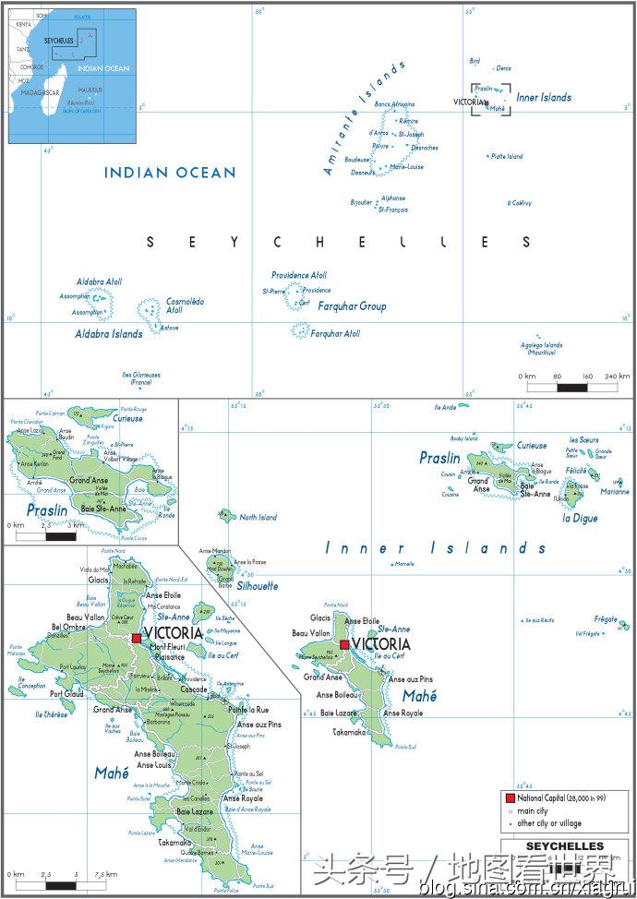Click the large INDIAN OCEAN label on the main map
[x=170, y=172]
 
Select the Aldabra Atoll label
[x=98, y=282]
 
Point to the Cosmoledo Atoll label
[x=185, y=306]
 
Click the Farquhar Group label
[x=352, y=306]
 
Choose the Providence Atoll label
[x=298, y=275]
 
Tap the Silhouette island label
[x=258, y=586]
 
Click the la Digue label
[x=580, y=519]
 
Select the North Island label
[x=258, y=518]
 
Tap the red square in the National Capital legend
[x=509, y=797]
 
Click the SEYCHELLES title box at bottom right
[x=564, y=846]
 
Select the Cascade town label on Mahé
[x=195, y=689]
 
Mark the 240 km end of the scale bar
[x=617, y=377]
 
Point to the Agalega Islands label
[x=541, y=349]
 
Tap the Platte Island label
[x=507, y=157]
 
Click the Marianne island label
[x=615, y=492]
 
